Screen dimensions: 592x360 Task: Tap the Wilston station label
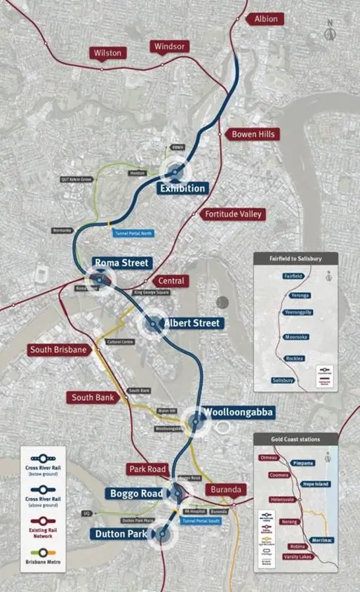coord(107,53)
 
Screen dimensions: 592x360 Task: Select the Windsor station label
coord(169,46)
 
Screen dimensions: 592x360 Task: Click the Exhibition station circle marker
coord(174,171)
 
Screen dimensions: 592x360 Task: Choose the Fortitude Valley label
coord(232,213)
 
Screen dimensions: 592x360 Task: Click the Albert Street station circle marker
coord(154,323)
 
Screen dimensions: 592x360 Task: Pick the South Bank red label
coord(93,397)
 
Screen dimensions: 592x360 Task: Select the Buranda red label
coord(226,489)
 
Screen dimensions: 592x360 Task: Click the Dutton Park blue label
coord(120,534)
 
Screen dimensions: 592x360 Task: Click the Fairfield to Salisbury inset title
coord(295,258)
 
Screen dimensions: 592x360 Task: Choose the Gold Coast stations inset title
coord(295,439)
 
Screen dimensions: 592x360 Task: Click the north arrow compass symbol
coord(330,32)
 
